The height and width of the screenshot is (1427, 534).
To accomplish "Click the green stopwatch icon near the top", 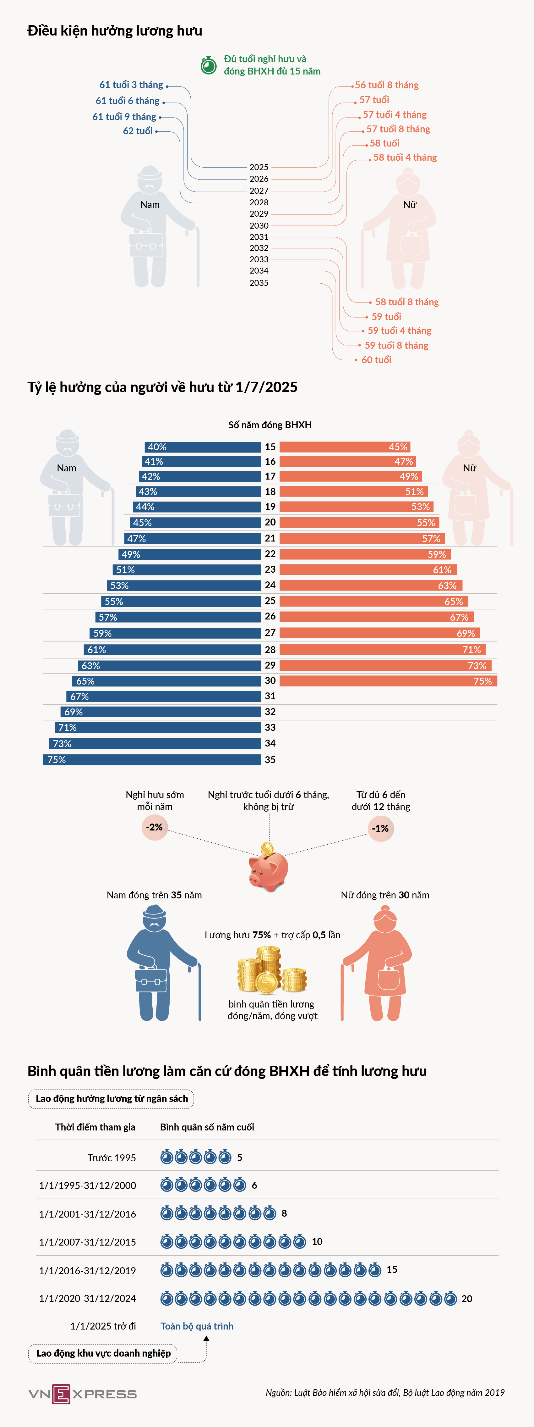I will click(208, 65).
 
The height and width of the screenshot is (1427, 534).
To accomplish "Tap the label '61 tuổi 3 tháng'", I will click(131, 85).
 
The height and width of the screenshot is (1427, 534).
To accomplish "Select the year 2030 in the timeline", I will click(259, 225).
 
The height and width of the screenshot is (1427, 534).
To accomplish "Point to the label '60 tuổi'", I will click(376, 359).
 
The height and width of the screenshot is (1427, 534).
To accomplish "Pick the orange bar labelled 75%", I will click(388, 681).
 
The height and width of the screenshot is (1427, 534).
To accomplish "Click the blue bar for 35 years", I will click(152, 759).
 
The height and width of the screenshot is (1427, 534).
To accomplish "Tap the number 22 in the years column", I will click(270, 554).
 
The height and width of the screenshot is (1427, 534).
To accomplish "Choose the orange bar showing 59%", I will click(365, 554).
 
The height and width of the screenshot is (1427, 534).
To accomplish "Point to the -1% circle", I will click(381, 829).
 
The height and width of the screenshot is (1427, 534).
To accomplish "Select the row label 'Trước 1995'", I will click(112, 1157).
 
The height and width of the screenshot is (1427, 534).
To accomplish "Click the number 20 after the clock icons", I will click(466, 1298).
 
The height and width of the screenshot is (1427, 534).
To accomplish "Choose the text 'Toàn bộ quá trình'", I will click(197, 1326).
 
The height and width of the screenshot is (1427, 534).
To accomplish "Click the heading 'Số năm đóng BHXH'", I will click(270, 425).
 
